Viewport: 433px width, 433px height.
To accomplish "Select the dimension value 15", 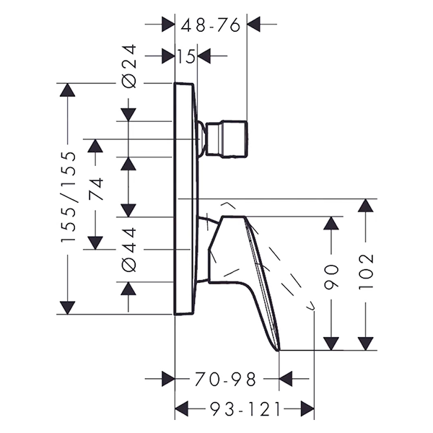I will click(186, 56).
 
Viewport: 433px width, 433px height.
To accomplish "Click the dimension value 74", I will click(96, 189).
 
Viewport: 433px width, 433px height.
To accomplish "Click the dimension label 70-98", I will click(225, 377).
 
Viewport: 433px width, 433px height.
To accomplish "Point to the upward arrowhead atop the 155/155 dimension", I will click(67, 91).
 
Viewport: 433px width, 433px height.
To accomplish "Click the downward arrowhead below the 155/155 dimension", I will click(67, 306).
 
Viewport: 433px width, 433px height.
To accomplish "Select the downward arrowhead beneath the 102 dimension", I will click(367, 343).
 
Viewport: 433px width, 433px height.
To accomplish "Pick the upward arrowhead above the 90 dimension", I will click(331, 224).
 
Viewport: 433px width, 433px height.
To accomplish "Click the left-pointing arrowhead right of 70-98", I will click(286, 377).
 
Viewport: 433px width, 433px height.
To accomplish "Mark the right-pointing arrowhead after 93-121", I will click(307, 409).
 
